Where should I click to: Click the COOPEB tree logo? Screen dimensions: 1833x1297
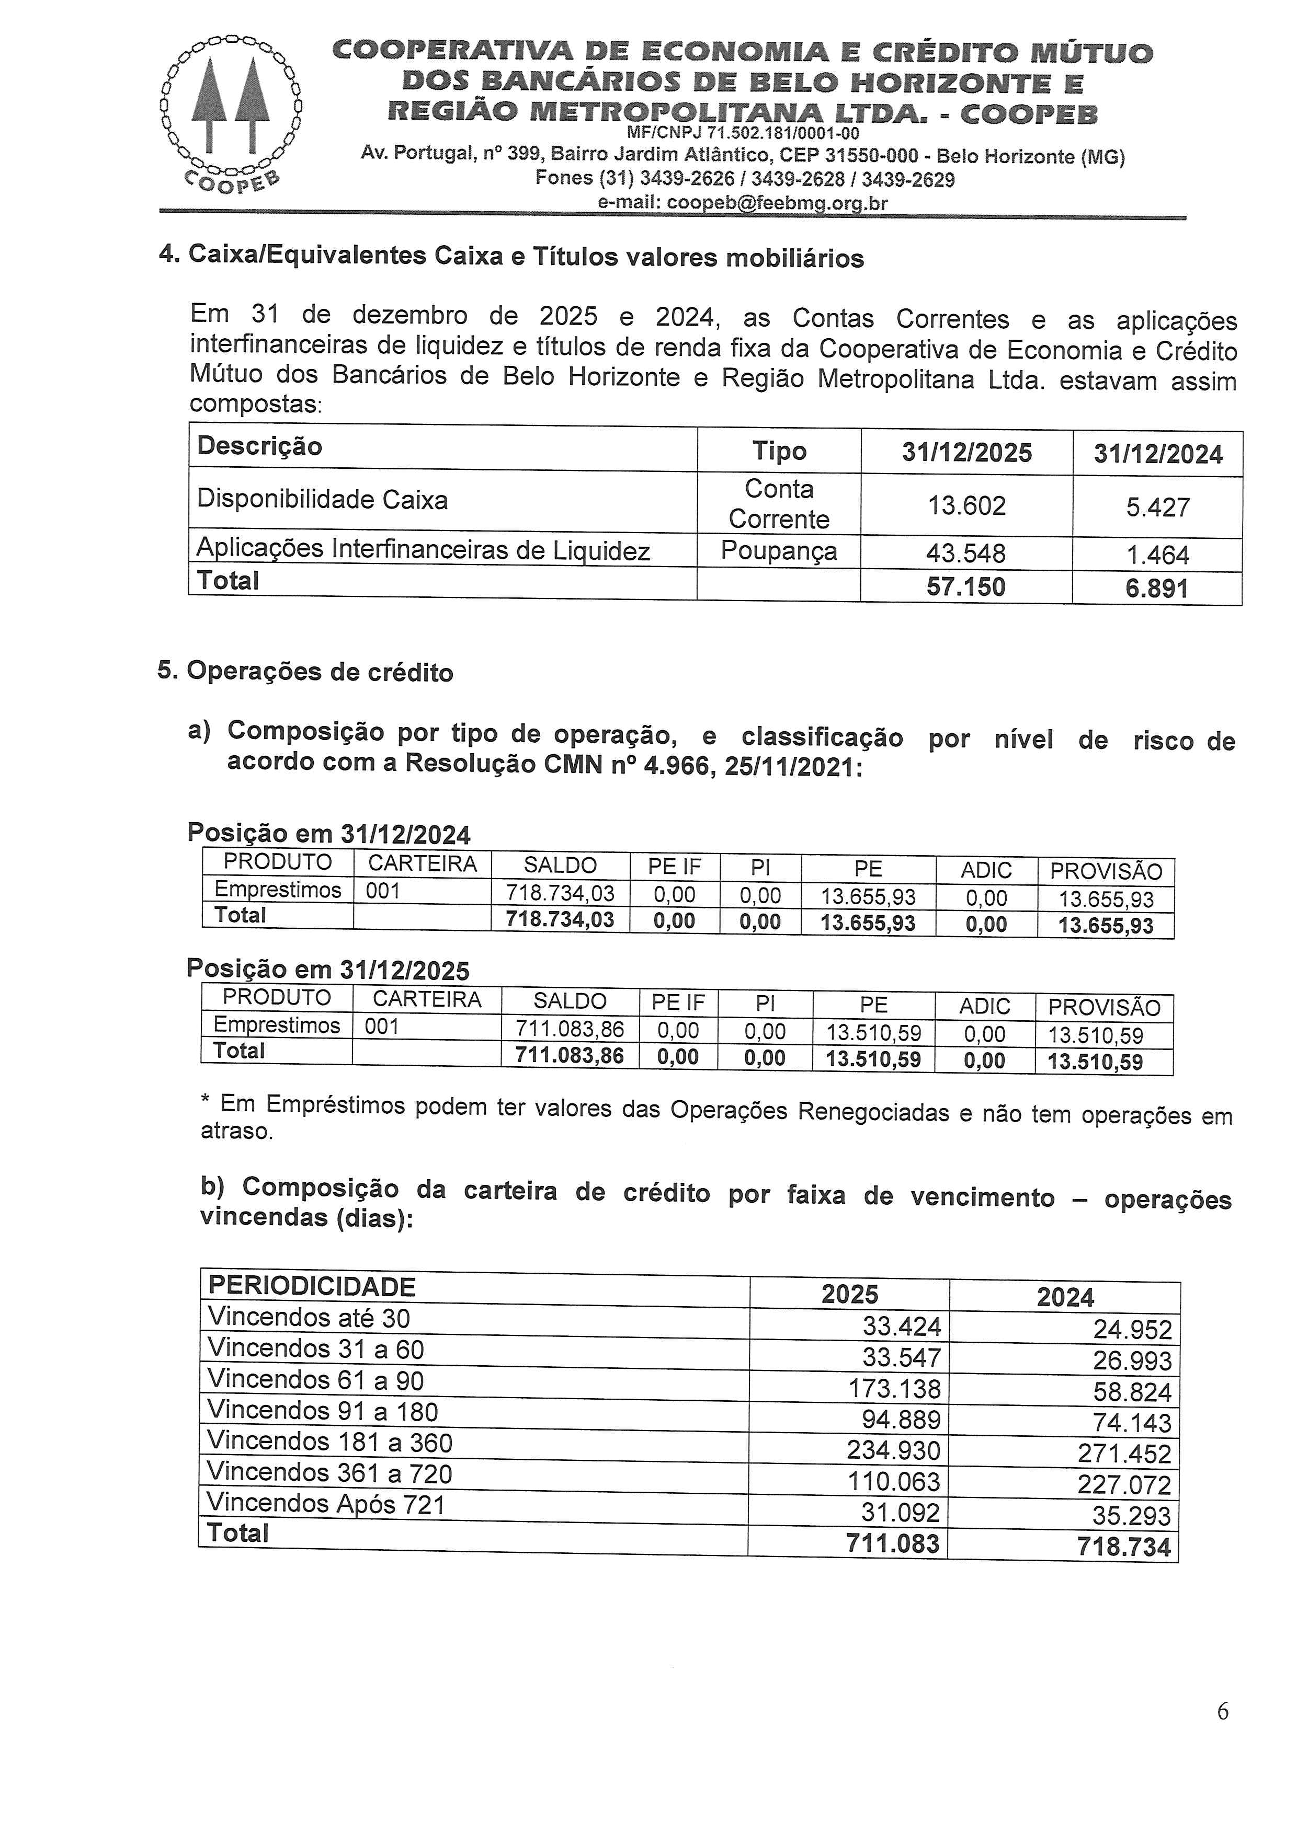click(230, 112)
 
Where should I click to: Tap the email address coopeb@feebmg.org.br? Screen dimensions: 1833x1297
click(743, 203)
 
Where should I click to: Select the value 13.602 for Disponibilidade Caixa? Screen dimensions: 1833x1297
click(966, 506)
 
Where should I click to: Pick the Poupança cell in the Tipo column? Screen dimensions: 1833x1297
click(779, 551)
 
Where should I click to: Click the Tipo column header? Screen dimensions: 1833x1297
click(779, 451)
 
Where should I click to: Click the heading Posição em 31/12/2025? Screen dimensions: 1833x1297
click(328, 969)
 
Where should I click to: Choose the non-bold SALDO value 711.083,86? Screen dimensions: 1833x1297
click(570, 1030)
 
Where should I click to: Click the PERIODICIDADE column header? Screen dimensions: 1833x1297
click(312, 1286)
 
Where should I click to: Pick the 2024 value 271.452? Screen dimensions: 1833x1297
click(1124, 1454)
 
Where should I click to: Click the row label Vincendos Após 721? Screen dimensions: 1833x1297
click(325, 1504)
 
